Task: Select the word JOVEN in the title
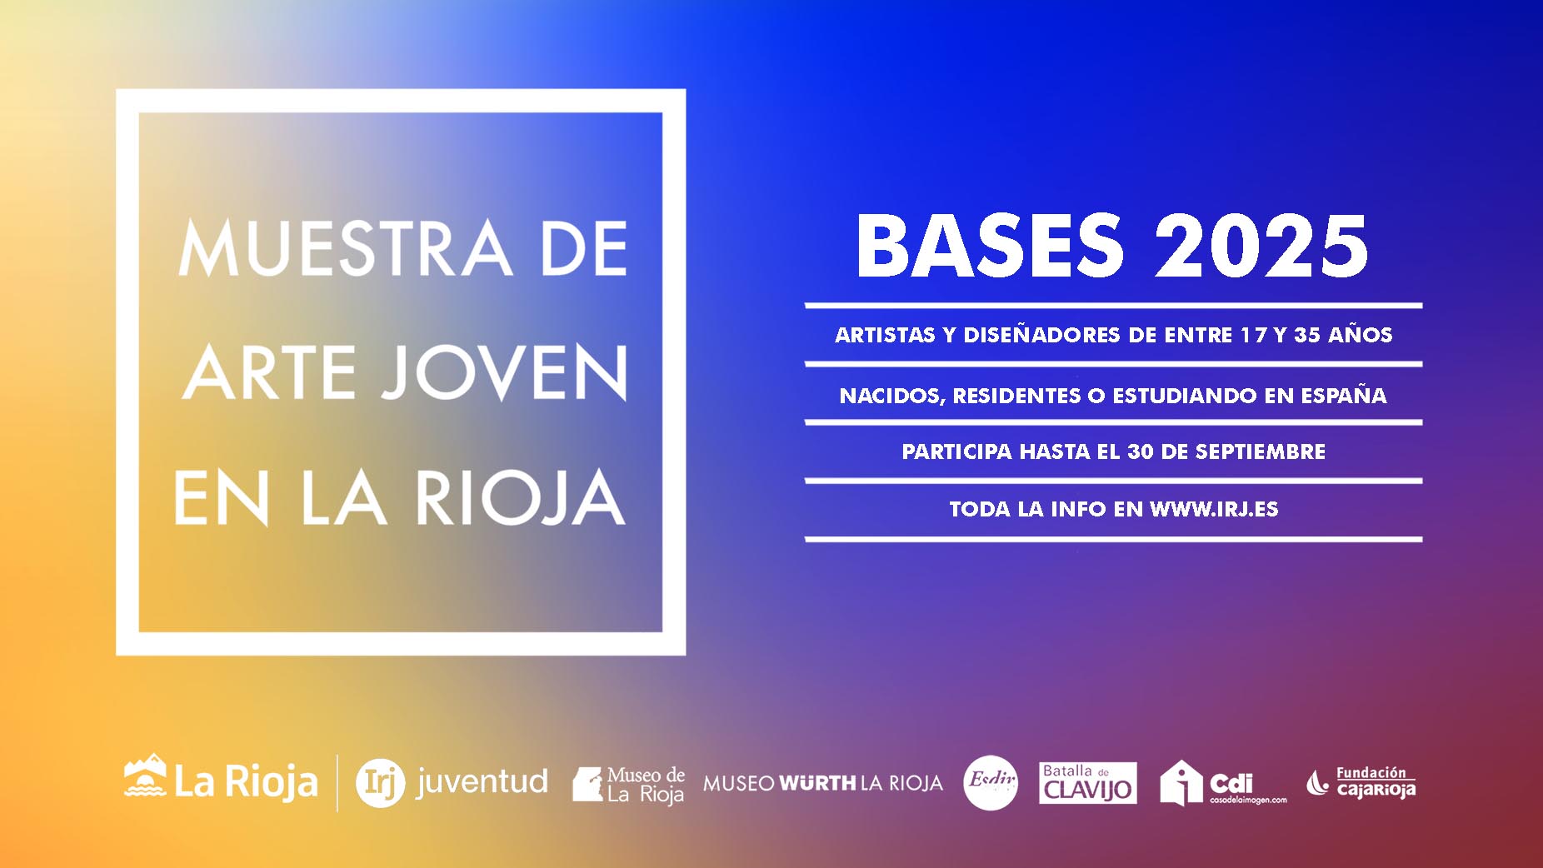(505, 372)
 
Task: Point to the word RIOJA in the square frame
(520, 497)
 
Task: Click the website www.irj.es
(1214, 509)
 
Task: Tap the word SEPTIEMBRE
(1260, 451)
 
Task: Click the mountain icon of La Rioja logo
(145, 776)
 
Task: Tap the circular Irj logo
(380, 784)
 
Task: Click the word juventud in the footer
(482, 781)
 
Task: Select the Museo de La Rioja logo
(628, 785)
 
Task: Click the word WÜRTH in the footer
(817, 783)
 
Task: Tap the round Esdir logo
(991, 783)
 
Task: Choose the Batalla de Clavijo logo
(1087, 783)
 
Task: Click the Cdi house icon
(1181, 783)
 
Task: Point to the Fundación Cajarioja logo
(1361, 783)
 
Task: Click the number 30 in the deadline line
(1141, 451)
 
